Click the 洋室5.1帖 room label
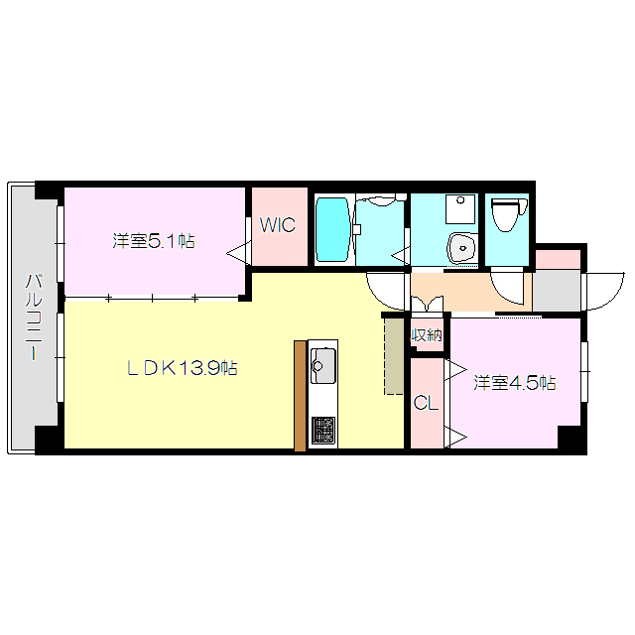[x=153, y=240]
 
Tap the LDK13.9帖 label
[x=181, y=368]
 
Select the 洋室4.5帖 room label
[x=513, y=383]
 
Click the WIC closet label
[x=278, y=225]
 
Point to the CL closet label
[x=426, y=403]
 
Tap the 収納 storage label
[x=427, y=335]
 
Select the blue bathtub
[x=332, y=230]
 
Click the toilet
[x=506, y=212]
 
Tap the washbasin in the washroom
[x=459, y=245]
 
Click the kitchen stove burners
[x=323, y=430]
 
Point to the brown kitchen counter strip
[x=301, y=395]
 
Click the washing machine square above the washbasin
[x=459, y=207]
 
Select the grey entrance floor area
[x=555, y=290]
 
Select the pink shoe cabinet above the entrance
[x=558, y=258]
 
